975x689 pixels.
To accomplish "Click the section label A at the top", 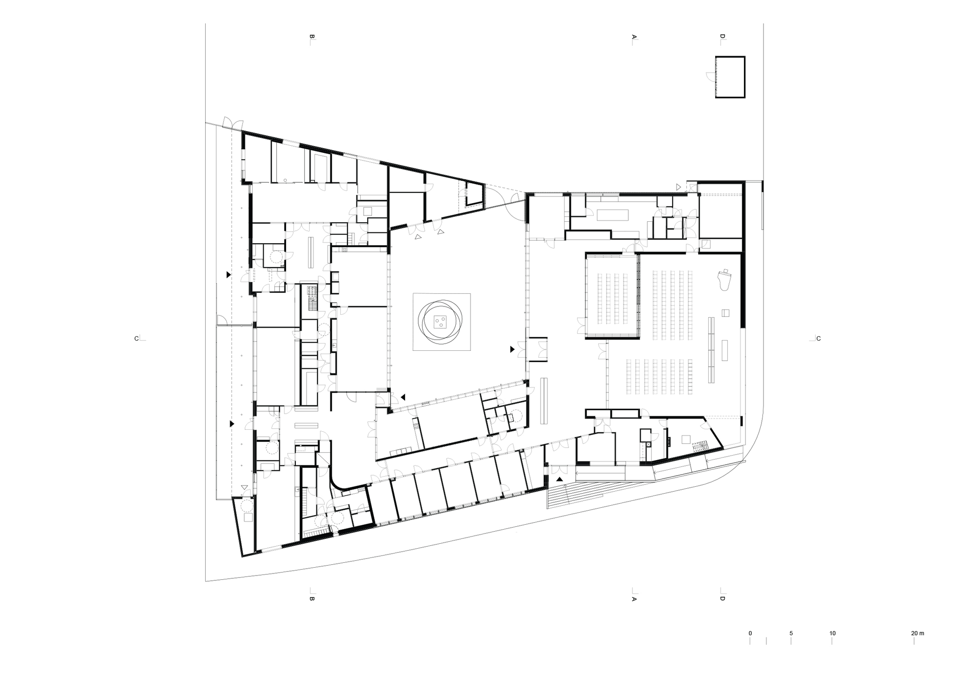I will click(x=634, y=37).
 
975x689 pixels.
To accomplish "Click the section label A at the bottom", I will click(x=634, y=598).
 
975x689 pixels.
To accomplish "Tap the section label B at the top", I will click(x=312, y=37).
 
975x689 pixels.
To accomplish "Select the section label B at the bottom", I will click(x=312, y=598).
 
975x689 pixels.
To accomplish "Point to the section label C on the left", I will click(x=136, y=339).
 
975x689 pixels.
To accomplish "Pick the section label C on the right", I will click(x=819, y=339).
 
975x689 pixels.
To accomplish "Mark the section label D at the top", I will click(x=722, y=37).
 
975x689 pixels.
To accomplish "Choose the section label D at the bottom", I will click(x=722, y=598).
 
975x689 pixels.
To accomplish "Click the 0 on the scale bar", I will click(x=750, y=633).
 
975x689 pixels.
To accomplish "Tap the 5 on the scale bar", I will click(x=791, y=633).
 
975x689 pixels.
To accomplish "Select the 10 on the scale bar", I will click(x=832, y=633).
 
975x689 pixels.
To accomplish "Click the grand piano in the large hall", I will click(x=724, y=280).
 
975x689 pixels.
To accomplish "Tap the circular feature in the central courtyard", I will click(x=442, y=322).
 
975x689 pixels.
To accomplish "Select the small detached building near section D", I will click(x=730, y=77).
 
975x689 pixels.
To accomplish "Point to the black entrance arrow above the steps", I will click(x=560, y=479).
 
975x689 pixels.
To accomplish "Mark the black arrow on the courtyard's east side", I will click(x=512, y=349).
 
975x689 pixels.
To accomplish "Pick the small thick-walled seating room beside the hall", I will click(x=612, y=296).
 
